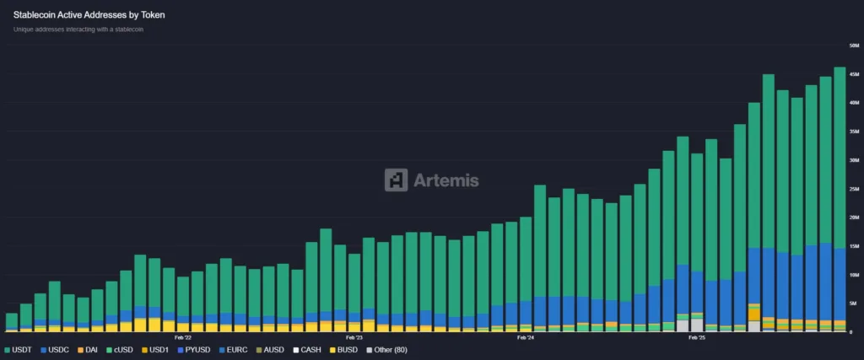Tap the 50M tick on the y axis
[854, 45]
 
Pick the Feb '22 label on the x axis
[183, 338]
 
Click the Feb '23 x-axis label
[354, 338]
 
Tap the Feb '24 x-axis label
[526, 338]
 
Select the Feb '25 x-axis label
[697, 338]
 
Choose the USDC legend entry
[58, 349]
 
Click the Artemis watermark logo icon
[396, 180]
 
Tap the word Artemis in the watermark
[445, 180]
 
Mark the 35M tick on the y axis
[854, 132]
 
